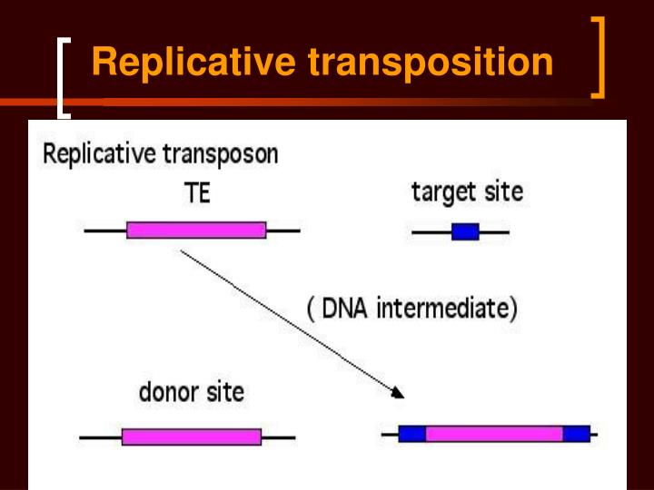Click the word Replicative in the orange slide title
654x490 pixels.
196,64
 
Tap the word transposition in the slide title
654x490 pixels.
431,64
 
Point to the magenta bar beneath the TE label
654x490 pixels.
196,230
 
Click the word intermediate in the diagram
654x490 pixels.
447,309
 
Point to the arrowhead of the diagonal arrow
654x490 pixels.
397,394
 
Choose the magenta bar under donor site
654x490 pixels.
192,436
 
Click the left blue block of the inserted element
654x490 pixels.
412,434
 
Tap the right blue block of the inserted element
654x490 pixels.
576,434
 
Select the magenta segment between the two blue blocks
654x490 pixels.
494,434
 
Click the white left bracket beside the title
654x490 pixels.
63,77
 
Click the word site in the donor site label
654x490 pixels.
224,393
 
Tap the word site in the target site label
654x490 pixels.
504,192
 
